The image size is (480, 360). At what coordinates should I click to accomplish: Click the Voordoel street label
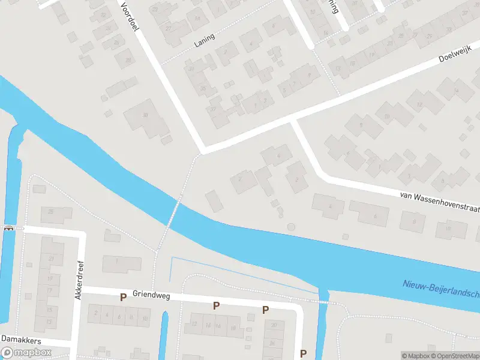131,15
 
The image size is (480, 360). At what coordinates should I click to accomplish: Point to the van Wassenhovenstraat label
440,200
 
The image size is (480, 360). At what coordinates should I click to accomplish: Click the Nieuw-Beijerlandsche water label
441,289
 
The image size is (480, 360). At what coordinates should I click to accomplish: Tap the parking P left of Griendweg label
123,297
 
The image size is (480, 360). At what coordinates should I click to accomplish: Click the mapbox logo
26,353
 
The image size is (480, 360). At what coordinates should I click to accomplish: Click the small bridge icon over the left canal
8,227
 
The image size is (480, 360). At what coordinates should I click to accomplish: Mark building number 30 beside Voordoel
145,115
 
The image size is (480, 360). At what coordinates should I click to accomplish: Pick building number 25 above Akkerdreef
52,211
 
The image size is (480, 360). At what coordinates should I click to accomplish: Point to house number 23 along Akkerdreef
52,259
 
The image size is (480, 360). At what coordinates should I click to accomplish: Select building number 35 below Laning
203,89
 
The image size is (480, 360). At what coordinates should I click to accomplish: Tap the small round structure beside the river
292,227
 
